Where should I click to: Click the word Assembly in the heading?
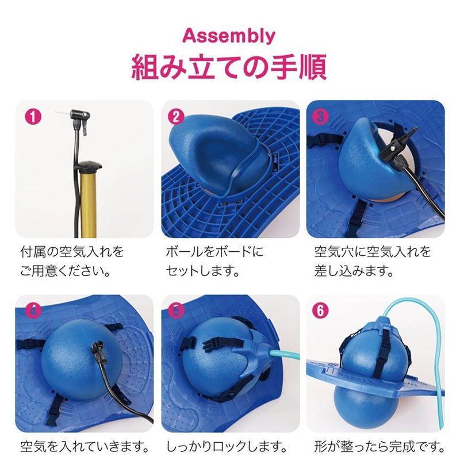pos(229,36)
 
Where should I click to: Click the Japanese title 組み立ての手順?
pos(229,67)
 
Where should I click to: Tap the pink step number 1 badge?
pos(33,117)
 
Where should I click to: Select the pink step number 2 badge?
pos(176,117)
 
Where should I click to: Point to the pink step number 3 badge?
pos(320,117)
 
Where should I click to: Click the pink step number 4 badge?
pos(33,311)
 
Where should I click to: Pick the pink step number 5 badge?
pos(176,311)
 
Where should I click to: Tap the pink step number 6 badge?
pos(320,311)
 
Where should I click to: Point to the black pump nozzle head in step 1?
pos(80,114)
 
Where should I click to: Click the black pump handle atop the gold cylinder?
pos(89,166)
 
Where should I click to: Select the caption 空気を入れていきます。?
pos(85,447)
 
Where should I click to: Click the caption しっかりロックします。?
pos(227,447)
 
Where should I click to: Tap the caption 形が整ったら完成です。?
pos(379,447)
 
